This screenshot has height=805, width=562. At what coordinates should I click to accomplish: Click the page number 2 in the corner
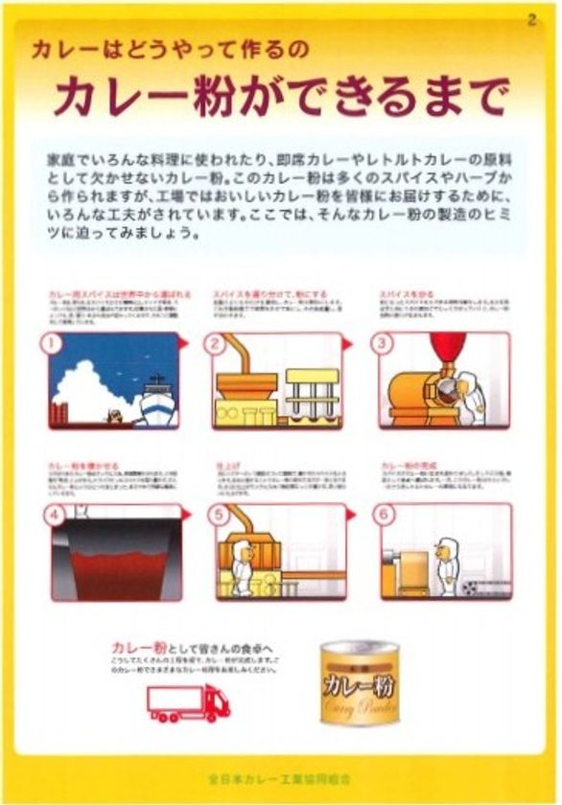tap(531, 20)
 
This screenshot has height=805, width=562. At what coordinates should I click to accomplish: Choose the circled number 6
tap(385, 513)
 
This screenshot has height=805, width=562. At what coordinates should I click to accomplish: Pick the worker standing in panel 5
tap(242, 568)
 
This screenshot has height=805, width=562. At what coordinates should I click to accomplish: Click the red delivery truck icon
tap(189, 702)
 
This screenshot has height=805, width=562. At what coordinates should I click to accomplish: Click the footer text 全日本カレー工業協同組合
tap(280, 771)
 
